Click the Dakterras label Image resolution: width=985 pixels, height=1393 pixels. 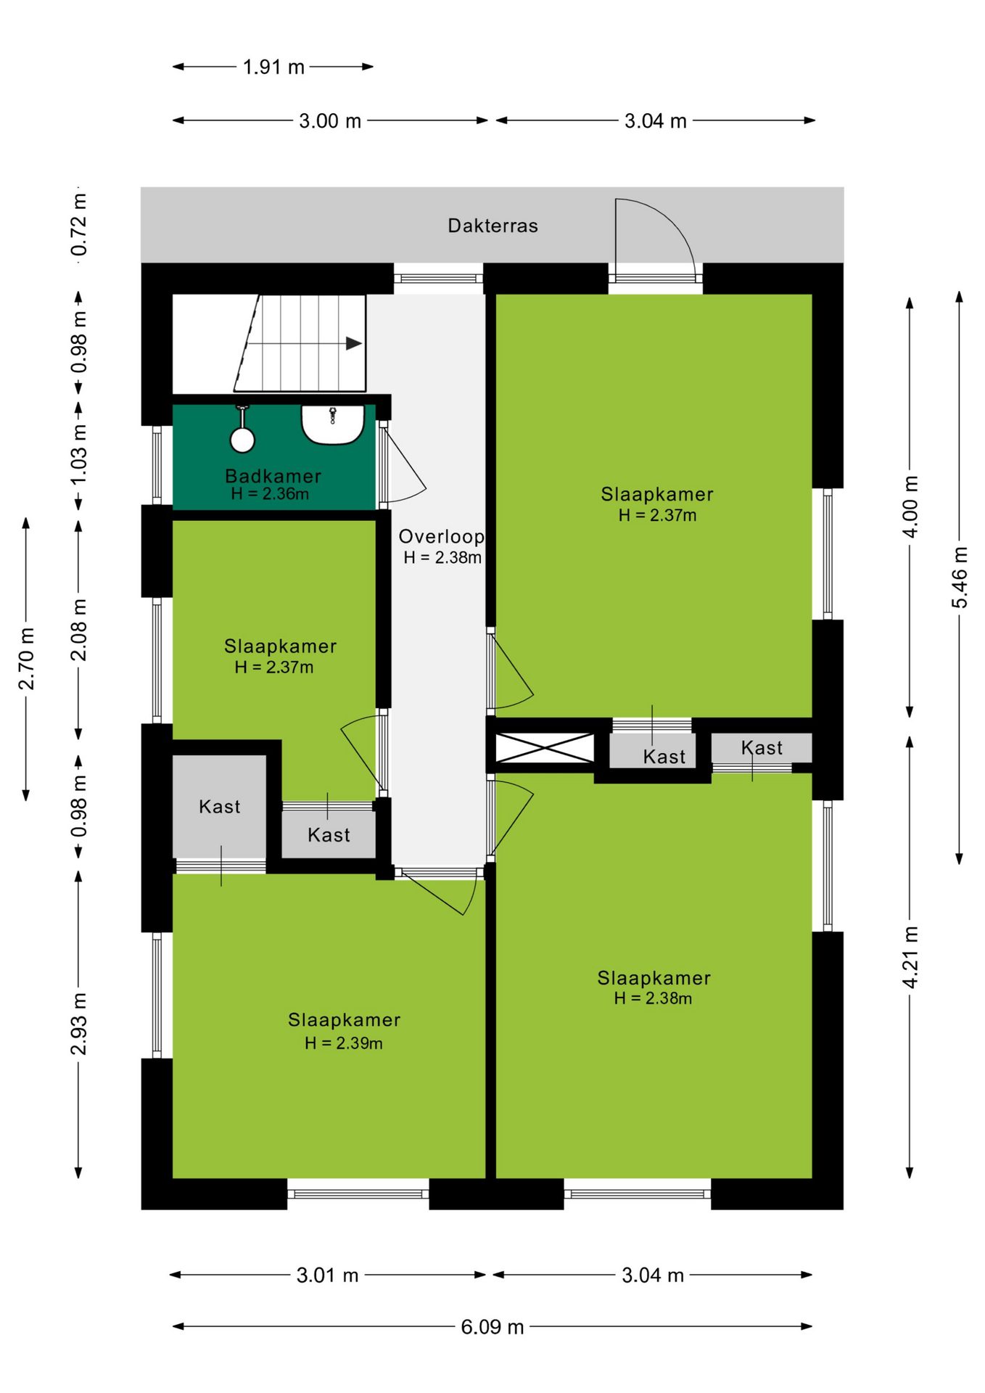coord(492,226)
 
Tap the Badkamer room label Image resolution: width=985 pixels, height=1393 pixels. coord(273,476)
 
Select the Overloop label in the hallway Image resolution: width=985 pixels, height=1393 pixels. coord(441,537)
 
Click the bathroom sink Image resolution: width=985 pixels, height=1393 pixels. coord(333,424)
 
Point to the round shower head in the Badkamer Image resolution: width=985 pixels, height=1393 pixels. coord(242,440)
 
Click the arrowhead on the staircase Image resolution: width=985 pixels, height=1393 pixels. coord(353,344)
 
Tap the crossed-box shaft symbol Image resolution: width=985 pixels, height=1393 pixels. coord(544,748)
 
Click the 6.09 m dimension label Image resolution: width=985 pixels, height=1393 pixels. coord(492,1327)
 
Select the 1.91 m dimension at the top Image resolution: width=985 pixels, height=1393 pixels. coord(273,67)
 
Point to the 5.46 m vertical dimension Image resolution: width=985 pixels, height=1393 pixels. coord(960,578)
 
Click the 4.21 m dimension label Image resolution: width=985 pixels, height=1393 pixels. coord(910,957)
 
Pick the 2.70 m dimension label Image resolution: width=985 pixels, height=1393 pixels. coord(26,659)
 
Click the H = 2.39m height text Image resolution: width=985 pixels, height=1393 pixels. coord(344,1043)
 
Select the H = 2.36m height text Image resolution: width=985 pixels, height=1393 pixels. coord(270,494)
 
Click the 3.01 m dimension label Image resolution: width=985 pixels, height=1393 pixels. coord(327,1275)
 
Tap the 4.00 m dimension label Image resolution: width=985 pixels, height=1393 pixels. coord(910,506)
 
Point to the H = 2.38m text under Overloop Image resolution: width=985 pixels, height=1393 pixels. coord(442,558)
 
